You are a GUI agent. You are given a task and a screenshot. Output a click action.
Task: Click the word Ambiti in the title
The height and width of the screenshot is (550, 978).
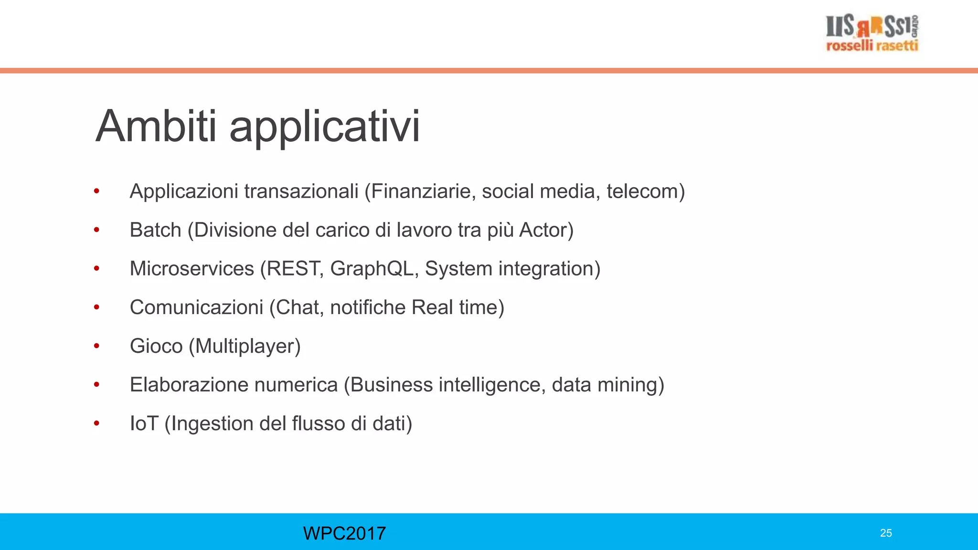(156, 126)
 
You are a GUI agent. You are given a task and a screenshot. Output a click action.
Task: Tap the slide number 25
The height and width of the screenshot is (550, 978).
(886, 533)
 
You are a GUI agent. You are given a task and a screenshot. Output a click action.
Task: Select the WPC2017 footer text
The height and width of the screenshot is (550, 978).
(344, 533)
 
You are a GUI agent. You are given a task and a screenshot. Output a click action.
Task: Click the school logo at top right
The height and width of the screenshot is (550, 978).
(872, 32)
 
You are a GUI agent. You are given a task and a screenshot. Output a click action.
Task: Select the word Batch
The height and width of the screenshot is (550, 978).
(155, 230)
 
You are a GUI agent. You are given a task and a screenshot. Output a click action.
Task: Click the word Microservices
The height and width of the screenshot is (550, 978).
(191, 269)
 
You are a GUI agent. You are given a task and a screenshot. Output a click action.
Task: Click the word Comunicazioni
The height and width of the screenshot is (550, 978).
(196, 307)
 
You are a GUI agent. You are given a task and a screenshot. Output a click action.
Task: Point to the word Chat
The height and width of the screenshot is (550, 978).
(298, 307)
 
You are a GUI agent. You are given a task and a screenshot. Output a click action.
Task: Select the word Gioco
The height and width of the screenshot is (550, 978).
(156, 346)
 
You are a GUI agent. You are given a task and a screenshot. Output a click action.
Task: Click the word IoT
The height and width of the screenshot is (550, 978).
(144, 423)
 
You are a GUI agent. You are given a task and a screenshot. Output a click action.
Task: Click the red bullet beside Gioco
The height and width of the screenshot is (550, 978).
(96, 346)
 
